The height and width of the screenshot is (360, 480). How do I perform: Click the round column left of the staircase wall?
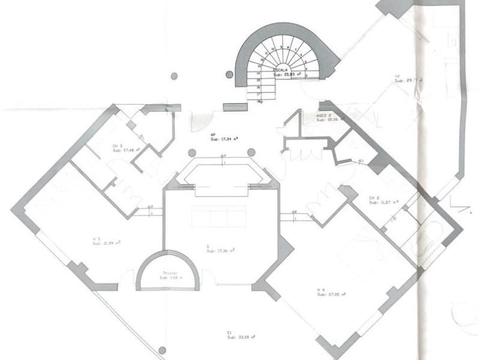click(x=229, y=75)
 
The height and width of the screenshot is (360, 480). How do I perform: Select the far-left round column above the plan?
click(x=174, y=76)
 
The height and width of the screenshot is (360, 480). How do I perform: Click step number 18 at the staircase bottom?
click(x=259, y=101)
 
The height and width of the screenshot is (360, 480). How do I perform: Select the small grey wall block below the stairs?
click(x=235, y=107)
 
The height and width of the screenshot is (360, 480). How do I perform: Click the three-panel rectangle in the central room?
click(x=219, y=216)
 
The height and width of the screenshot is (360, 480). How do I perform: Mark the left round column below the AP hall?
click(x=192, y=152)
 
